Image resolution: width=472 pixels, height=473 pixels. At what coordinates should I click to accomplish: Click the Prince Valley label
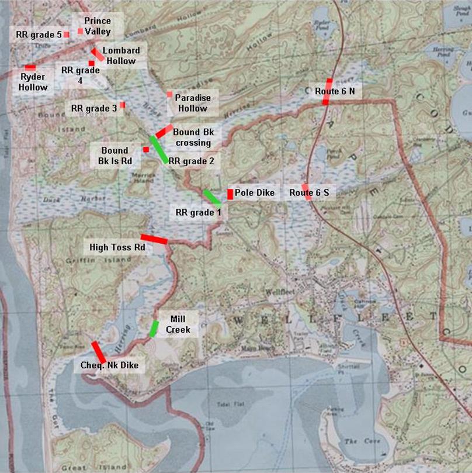click(x=97, y=26)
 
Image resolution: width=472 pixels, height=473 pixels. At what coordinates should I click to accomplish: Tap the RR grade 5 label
click(x=39, y=34)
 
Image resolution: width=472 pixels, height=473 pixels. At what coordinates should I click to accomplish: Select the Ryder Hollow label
click(x=33, y=82)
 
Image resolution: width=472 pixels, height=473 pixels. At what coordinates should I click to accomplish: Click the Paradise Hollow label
click(x=193, y=103)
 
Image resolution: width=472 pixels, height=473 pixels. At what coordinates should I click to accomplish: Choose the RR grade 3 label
click(x=94, y=108)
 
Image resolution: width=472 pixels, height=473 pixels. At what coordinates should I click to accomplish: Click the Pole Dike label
click(x=255, y=193)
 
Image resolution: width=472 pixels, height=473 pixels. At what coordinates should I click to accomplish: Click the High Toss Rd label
click(x=117, y=248)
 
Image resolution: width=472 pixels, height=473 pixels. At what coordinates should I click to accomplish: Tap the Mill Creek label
click(x=178, y=324)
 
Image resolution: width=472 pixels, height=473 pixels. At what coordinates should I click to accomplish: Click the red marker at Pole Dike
click(x=230, y=194)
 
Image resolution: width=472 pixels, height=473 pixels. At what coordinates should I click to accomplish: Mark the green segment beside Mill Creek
click(x=154, y=329)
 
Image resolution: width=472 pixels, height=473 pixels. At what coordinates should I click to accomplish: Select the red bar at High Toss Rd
click(x=154, y=239)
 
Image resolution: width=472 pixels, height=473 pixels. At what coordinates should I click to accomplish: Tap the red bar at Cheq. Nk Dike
click(x=98, y=351)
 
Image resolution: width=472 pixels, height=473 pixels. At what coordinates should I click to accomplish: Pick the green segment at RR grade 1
click(x=211, y=198)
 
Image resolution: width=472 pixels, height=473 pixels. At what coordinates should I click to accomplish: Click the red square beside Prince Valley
click(x=80, y=31)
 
